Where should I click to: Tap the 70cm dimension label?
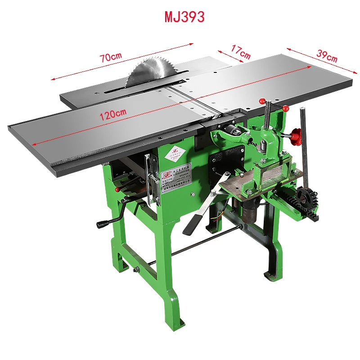[x=111, y=57]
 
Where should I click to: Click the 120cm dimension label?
[x=113, y=114]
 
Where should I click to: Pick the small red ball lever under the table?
[x=117, y=189]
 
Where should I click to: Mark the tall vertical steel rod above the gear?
[x=304, y=144]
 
